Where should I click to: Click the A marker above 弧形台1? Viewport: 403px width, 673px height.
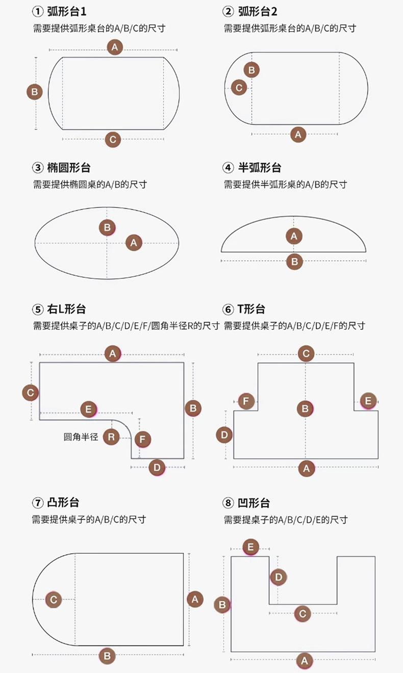(x=115, y=47)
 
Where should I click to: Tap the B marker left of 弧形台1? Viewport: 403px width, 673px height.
(x=34, y=92)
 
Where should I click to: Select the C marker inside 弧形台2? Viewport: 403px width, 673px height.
(x=238, y=87)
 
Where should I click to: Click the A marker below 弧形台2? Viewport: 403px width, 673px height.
(x=298, y=135)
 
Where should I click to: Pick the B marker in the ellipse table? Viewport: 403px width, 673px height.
(x=107, y=227)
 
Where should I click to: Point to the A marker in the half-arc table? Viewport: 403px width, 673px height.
(x=294, y=236)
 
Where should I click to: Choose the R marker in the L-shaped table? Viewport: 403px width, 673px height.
(x=111, y=437)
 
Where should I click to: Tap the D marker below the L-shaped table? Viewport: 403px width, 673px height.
(x=157, y=467)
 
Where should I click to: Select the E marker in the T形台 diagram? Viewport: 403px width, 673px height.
(x=368, y=401)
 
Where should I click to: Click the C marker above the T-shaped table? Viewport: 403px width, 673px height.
(x=306, y=353)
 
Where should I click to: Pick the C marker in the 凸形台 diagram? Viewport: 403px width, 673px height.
(x=54, y=600)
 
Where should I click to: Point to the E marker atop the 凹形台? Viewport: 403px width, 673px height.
(x=250, y=547)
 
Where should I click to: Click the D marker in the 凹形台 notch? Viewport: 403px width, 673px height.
(x=278, y=577)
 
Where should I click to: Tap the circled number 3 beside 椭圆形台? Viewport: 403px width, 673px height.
(x=38, y=168)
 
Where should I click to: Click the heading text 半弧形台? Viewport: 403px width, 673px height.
(x=260, y=168)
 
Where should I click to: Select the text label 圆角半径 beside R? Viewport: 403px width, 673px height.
(x=81, y=437)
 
